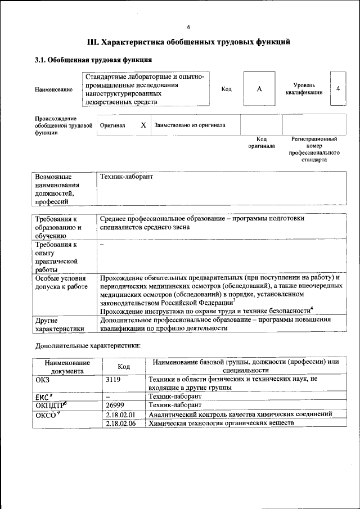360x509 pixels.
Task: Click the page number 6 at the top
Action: click(189, 28)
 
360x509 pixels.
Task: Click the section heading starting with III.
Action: click(189, 42)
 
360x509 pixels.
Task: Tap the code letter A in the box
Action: click(259, 89)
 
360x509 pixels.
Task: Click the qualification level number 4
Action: click(337, 89)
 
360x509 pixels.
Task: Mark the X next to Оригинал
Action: click(143, 125)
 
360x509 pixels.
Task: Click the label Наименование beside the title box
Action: click(53, 89)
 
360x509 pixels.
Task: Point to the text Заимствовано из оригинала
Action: click(190, 125)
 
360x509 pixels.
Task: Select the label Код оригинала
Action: click(262, 142)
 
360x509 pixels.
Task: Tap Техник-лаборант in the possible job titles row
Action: click(127, 177)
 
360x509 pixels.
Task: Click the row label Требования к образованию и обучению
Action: click(58, 227)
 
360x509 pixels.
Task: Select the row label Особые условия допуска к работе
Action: click(61, 282)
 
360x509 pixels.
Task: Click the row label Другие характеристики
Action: click(60, 324)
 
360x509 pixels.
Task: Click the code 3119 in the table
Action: click(114, 379)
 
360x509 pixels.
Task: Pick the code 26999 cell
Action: click(115, 404)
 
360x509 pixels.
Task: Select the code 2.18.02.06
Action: click(120, 422)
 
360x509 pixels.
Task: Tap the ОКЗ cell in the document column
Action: click(43, 379)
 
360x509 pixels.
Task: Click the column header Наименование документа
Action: click(67, 367)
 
